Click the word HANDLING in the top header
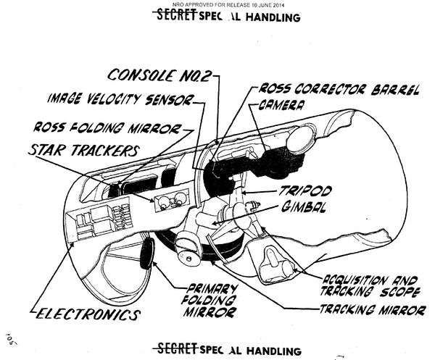pyautogui.click(x=268, y=17)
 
